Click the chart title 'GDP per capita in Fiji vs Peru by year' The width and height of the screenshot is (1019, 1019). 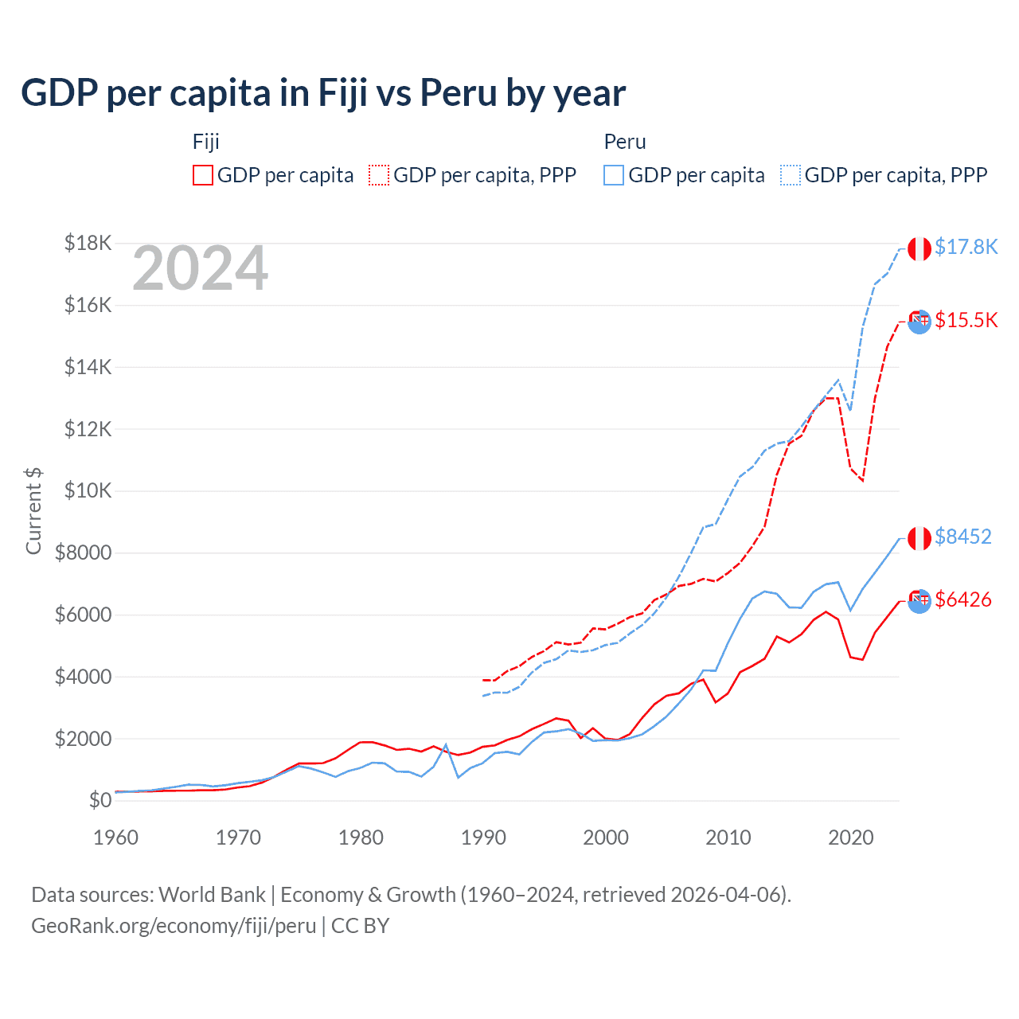tap(323, 93)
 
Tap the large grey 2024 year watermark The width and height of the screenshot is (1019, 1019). tap(200, 269)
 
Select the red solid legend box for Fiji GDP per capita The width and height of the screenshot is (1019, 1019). tap(203, 175)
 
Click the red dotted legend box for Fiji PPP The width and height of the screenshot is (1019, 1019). tap(379, 175)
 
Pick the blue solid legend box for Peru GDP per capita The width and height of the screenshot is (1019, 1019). tap(614, 175)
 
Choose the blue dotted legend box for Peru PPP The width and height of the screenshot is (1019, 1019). tap(791, 175)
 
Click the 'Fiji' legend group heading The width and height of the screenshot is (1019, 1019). tap(205, 142)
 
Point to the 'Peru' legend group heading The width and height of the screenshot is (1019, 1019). tap(625, 142)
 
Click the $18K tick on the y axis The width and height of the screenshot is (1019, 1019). tap(88, 243)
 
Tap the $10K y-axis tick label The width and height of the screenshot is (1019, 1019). tap(88, 490)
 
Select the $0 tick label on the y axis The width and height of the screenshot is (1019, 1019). tap(100, 800)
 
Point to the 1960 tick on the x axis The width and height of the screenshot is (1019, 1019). tap(116, 837)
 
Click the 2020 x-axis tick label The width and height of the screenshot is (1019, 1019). tap(851, 837)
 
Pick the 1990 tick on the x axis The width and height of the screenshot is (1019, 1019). tap(483, 837)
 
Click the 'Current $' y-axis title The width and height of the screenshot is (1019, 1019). tap(33, 511)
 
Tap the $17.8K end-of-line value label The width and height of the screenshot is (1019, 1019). tap(966, 247)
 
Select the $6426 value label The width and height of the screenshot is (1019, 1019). tap(963, 599)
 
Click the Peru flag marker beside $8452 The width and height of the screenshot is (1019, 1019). tap(919, 538)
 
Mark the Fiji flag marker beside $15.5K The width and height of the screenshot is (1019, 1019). tap(919, 322)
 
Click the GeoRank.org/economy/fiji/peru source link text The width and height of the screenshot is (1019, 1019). tap(174, 926)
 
